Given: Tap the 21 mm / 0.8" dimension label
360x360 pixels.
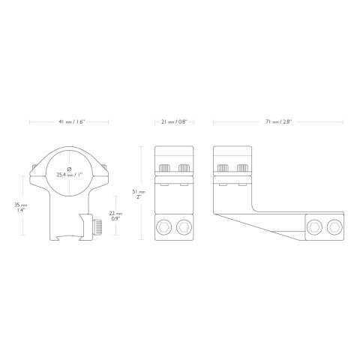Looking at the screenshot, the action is (x=174, y=122).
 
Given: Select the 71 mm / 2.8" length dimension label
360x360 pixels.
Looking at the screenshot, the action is (x=279, y=122).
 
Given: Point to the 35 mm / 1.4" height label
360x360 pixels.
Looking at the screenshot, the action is (x=20, y=208).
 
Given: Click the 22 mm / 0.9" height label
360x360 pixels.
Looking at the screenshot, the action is (x=115, y=216).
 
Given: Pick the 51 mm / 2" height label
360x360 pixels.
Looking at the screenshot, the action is (x=139, y=194).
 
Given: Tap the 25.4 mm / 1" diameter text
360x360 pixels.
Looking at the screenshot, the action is (x=69, y=175).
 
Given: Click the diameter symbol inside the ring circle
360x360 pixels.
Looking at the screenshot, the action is (x=70, y=169).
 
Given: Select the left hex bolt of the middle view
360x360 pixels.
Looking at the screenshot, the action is (x=163, y=227).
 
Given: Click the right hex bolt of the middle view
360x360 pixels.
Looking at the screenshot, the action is (x=184, y=227).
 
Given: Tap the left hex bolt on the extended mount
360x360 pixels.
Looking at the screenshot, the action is (x=314, y=227).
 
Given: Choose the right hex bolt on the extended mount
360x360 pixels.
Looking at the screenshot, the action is (x=334, y=227).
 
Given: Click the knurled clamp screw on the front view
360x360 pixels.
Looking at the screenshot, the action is (x=97, y=226).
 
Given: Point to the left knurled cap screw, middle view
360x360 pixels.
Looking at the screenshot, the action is (x=164, y=168).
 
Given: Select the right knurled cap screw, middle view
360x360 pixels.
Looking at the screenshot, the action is (x=184, y=168).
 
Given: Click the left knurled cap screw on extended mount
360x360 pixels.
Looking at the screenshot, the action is (x=223, y=168).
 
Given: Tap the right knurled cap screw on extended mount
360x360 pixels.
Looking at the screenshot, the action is (x=242, y=168).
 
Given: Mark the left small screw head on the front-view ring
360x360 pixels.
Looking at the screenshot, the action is (x=34, y=166).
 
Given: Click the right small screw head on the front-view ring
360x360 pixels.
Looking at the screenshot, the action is (x=104, y=166).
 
